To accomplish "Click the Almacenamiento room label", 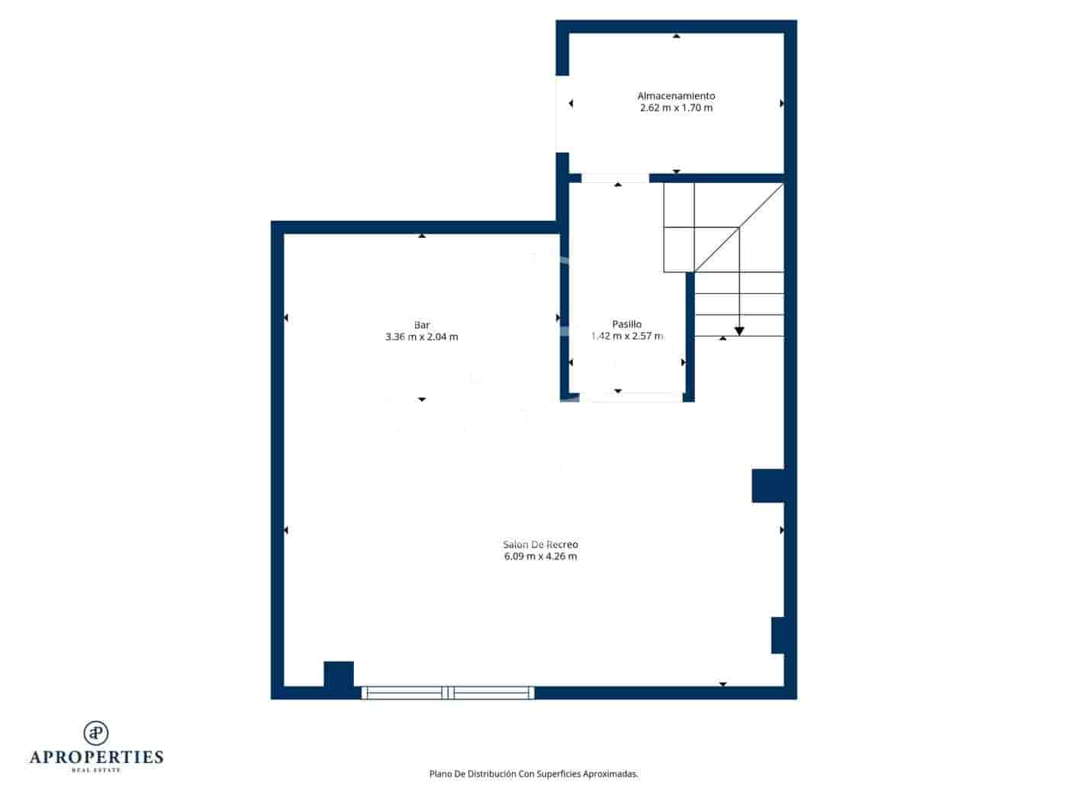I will click(x=676, y=96).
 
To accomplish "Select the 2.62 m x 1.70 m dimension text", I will click(x=676, y=108).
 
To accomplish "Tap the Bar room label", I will click(x=422, y=325).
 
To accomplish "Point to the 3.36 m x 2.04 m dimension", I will click(x=422, y=337).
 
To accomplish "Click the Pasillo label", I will click(x=627, y=324).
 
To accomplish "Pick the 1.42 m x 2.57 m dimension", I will click(x=627, y=336).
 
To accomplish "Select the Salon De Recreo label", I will click(x=540, y=545).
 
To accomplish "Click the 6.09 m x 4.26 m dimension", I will click(x=540, y=557).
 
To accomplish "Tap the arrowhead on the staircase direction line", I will click(x=739, y=331).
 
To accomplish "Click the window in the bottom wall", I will click(x=448, y=693).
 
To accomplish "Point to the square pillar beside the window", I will click(x=339, y=675).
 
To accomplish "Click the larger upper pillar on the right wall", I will click(x=768, y=486).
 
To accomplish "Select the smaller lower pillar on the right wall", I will click(x=778, y=635).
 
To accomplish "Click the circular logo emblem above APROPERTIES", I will click(x=96, y=732).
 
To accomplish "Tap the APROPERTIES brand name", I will click(x=96, y=758).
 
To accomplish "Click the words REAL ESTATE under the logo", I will click(x=96, y=770).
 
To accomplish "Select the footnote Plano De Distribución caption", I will click(x=533, y=774).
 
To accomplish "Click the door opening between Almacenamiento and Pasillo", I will click(x=615, y=179).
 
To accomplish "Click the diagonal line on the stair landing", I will click(x=738, y=227).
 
